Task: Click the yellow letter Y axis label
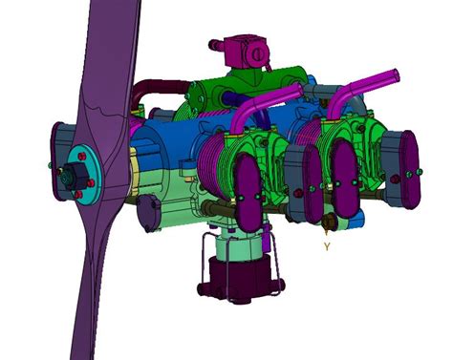tap(327, 246)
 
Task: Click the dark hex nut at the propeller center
tap(75, 175)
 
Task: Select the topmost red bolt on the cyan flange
tap(82, 157)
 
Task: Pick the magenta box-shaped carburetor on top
tap(246, 51)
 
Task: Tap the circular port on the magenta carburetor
tap(258, 54)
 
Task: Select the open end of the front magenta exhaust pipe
tap(300, 89)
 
